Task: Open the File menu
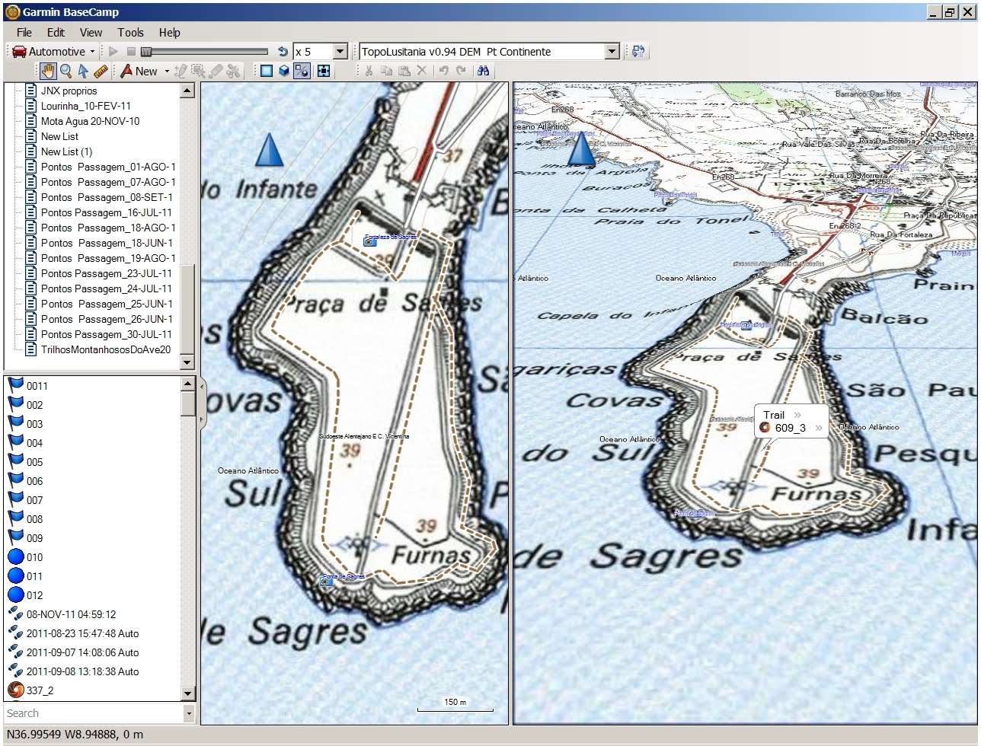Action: click(24, 32)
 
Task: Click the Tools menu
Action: click(130, 32)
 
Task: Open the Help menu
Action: click(169, 32)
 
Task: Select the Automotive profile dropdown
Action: click(54, 52)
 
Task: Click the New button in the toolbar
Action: click(145, 72)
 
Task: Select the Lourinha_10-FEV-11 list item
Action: click(85, 106)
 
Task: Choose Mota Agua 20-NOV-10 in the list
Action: click(90, 121)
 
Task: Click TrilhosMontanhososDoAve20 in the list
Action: click(105, 349)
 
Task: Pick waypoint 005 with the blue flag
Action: click(34, 462)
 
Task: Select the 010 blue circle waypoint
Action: click(34, 557)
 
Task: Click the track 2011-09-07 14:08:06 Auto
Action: click(82, 652)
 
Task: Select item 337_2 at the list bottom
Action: click(40, 690)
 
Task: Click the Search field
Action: click(93, 713)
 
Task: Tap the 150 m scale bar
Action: click(455, 706)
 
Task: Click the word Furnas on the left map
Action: click(430, 556)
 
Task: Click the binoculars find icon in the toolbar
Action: click(483, 72)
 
